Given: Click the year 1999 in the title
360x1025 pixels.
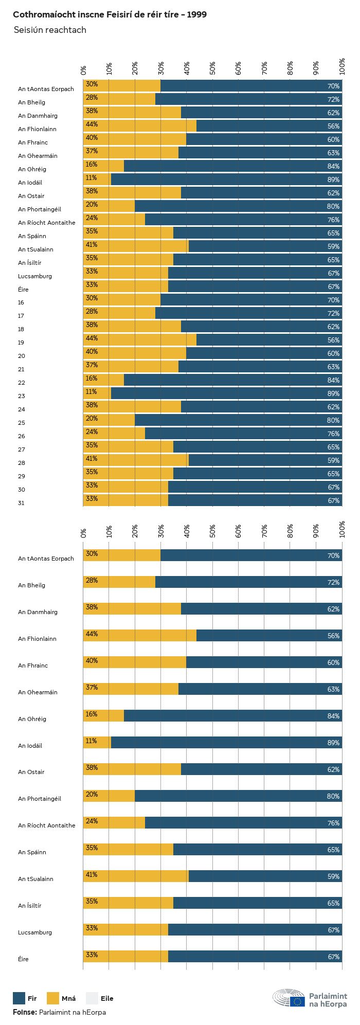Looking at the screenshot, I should point(196,15).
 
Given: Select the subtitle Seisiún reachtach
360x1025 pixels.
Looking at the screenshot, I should point(49,30).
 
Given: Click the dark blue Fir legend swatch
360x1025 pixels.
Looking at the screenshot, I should point(19,998).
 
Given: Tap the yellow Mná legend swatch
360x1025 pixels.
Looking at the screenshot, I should point(53,998).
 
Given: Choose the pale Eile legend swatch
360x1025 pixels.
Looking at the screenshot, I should point(92,998).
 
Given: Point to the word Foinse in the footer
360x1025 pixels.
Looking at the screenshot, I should point(25,1012).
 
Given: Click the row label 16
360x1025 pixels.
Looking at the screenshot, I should point(21,302).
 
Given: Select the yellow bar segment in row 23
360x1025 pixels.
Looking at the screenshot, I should point(97,393).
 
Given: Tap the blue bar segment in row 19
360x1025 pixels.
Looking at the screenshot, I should point(269,339).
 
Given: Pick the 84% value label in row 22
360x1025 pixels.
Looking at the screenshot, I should point(333,380).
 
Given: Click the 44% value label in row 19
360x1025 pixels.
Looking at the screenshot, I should point(92,338).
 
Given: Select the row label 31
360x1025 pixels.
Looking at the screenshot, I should point(21,503).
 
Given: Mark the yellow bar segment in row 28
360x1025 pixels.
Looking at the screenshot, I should point(136,460).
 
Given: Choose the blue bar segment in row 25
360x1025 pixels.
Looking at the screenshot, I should point(238,420).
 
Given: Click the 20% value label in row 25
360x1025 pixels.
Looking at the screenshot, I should point(92,418).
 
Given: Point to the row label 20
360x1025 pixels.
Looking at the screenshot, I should point(21,356).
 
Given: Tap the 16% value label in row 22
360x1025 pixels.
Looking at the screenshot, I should point(92,378).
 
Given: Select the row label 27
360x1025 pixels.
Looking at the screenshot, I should point(21,449).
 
